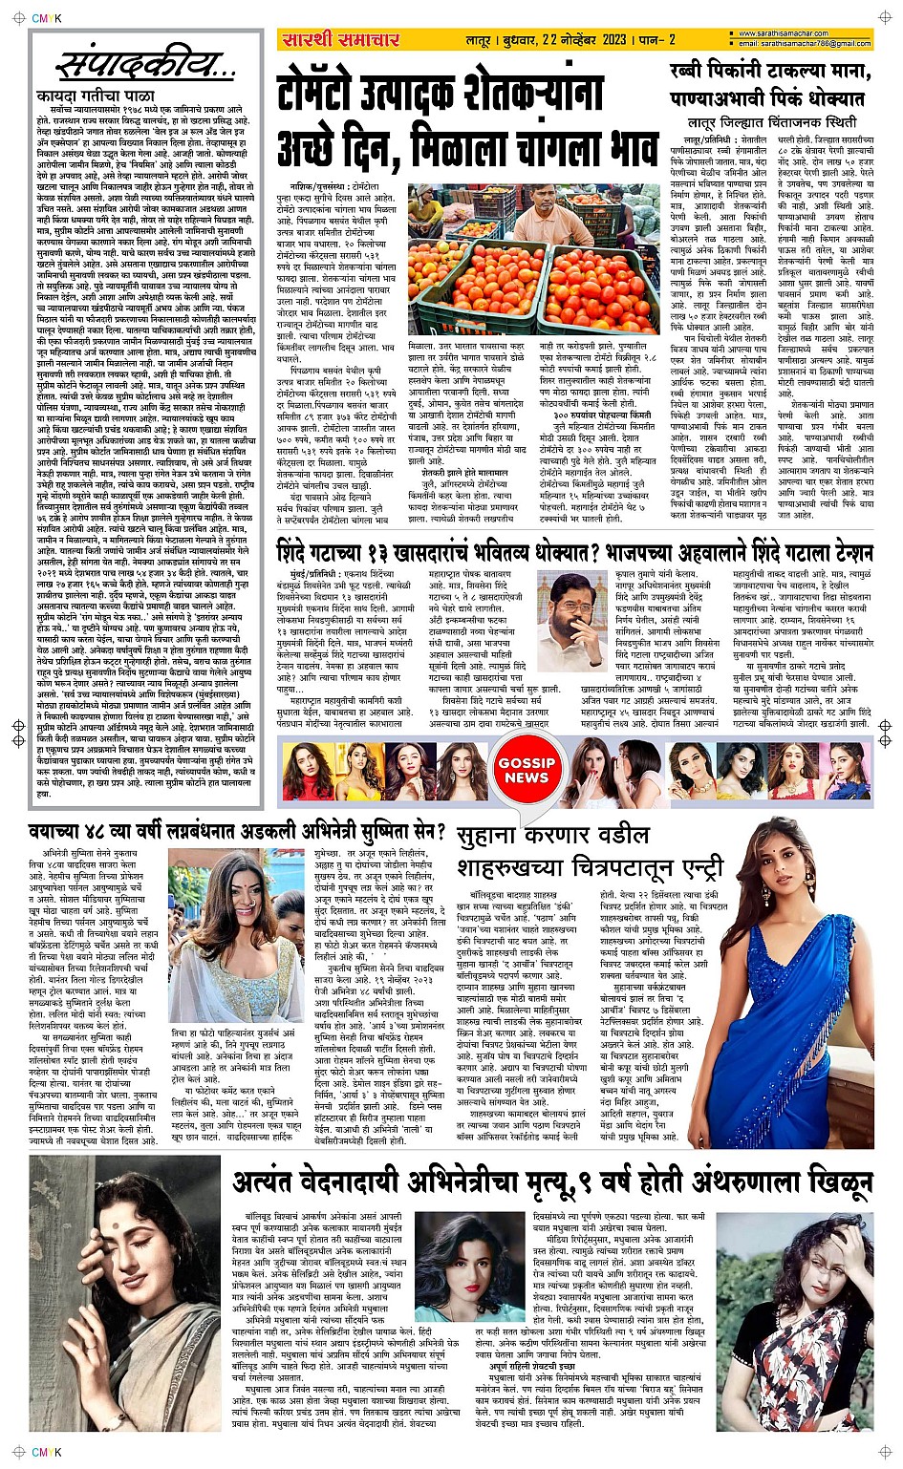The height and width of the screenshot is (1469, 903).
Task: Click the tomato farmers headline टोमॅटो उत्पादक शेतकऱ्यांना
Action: [x=440, y=95]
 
